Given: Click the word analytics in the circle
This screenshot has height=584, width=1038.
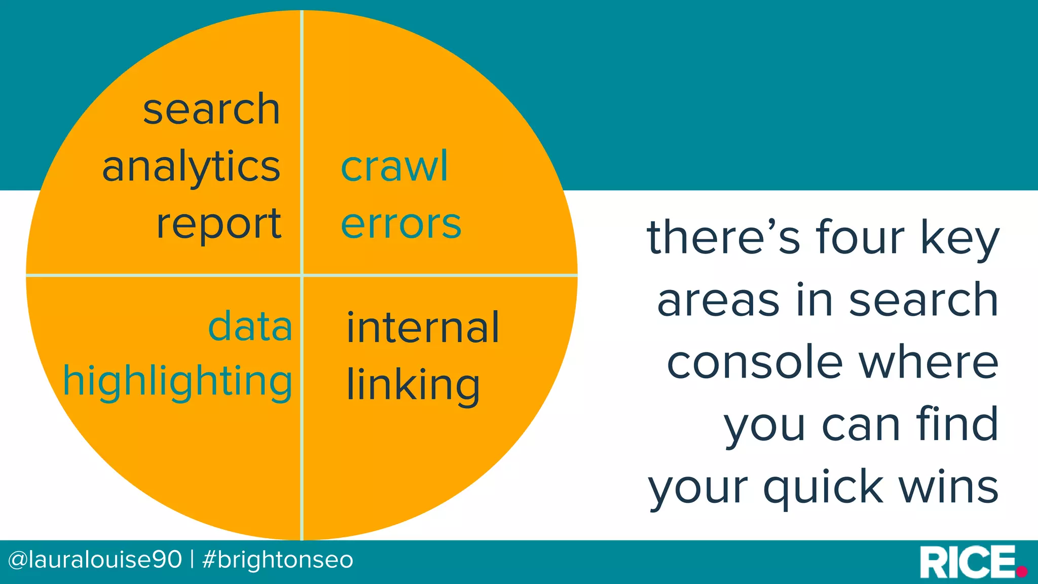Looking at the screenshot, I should (x=191, y=167).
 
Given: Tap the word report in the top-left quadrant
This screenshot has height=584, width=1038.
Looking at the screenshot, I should (x=218, y=224).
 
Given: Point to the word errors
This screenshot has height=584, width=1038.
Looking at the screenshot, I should (x=401, y=224).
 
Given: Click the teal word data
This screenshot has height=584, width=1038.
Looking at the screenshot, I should (x=250, y=327).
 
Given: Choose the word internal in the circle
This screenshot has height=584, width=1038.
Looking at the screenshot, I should (x=423, y=328).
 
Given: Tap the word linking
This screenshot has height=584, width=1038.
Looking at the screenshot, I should (x=413, y=385).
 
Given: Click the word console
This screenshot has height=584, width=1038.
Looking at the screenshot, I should (x=755, y=362).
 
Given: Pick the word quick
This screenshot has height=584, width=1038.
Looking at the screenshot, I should (x=823, y=488).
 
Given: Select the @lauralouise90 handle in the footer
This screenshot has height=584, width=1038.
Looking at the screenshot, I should (x=95, y=560).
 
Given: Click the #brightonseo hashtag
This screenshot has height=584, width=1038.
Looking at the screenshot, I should (x=277, y=560).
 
